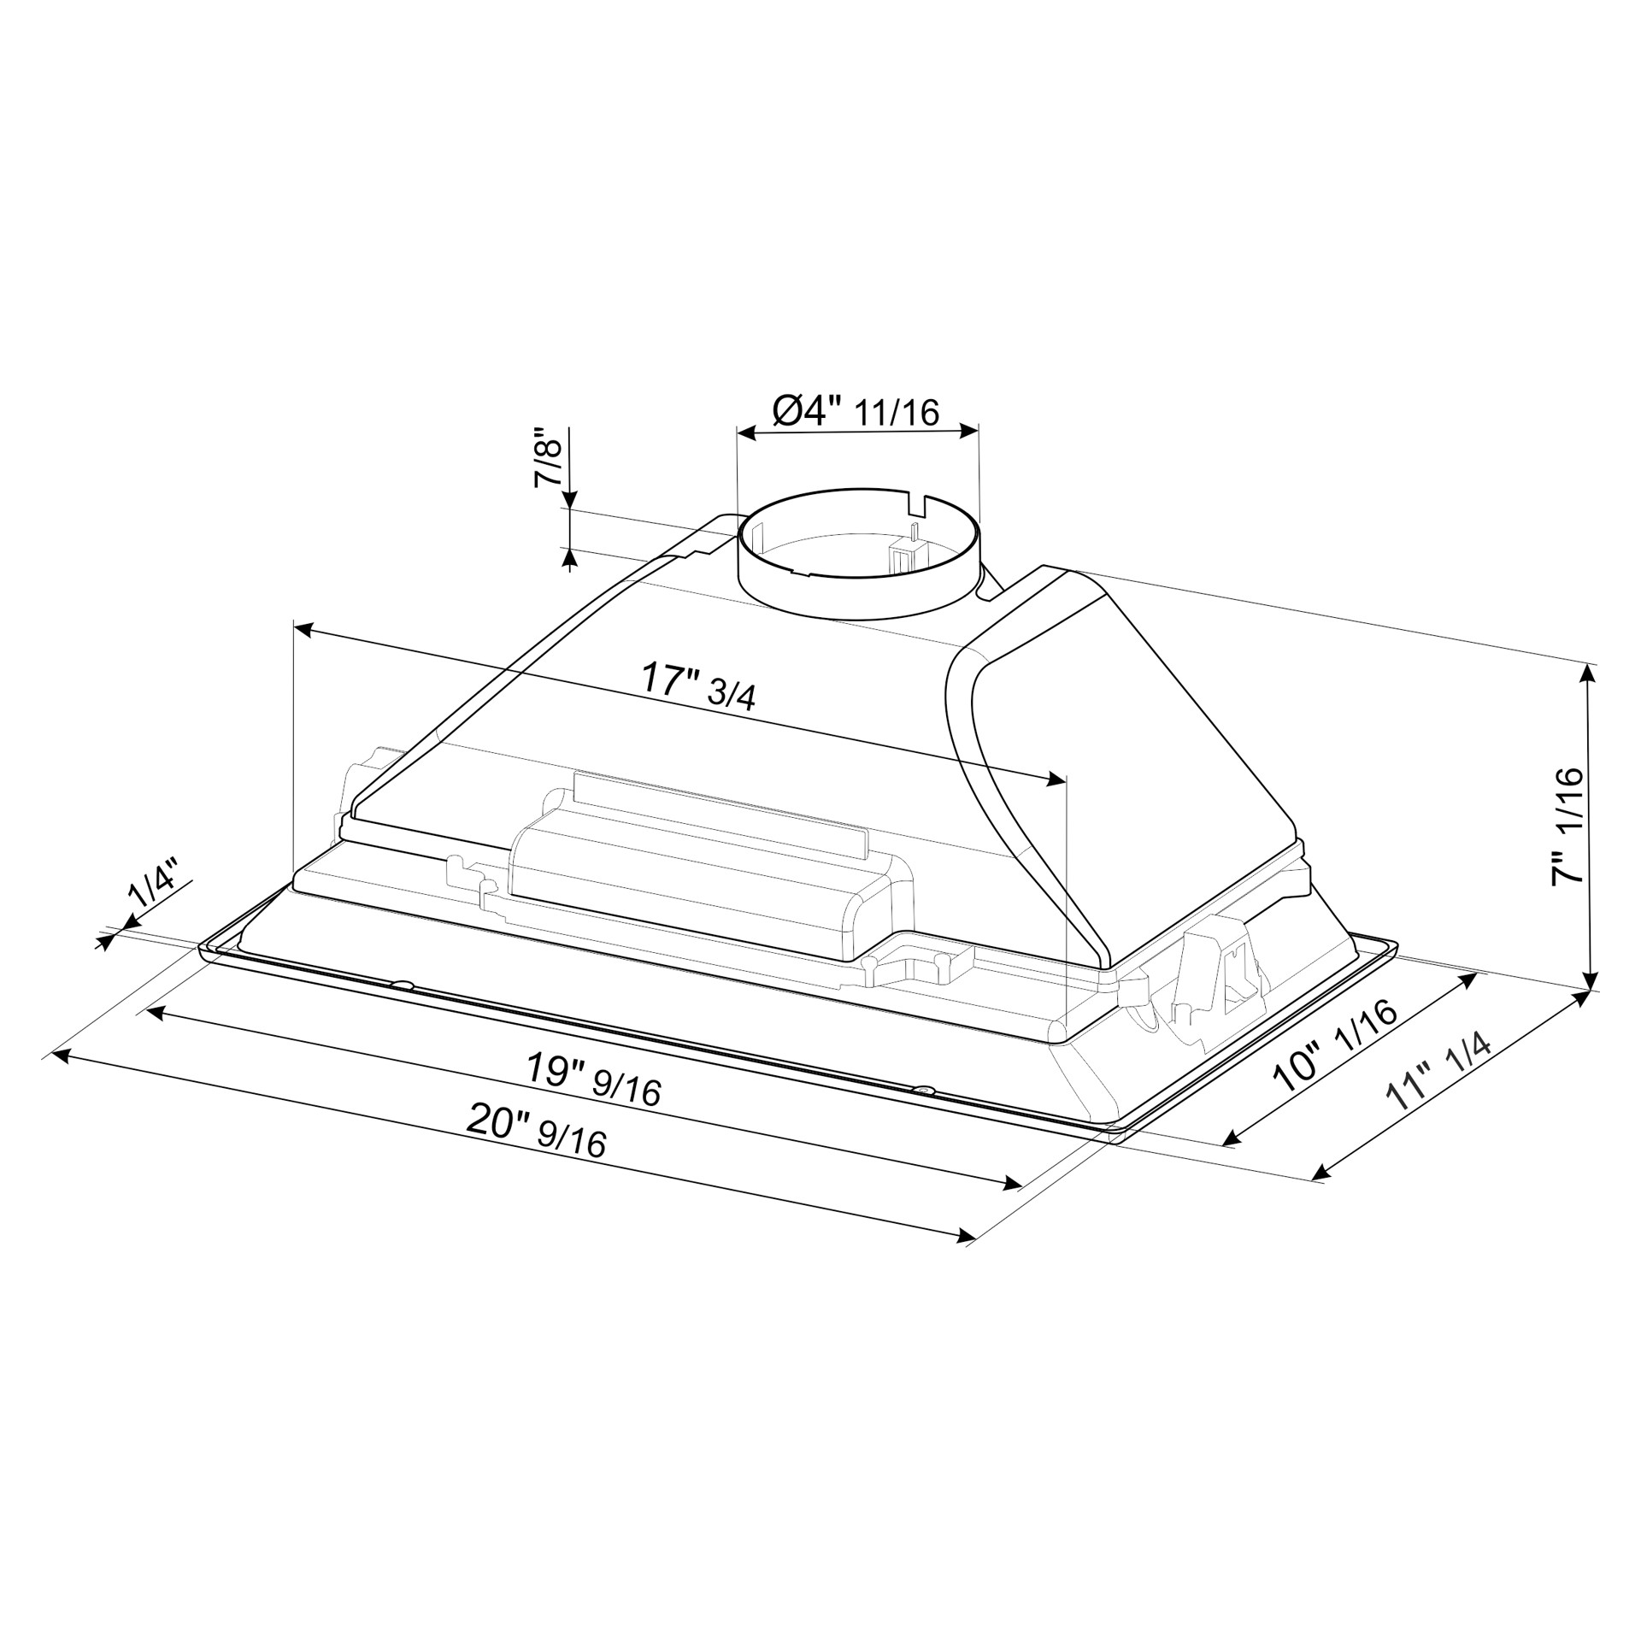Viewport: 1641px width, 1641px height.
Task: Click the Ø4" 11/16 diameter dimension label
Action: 856,411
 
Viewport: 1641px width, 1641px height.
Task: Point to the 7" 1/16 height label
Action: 1568,826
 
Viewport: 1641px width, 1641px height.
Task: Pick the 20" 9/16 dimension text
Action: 537,1130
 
